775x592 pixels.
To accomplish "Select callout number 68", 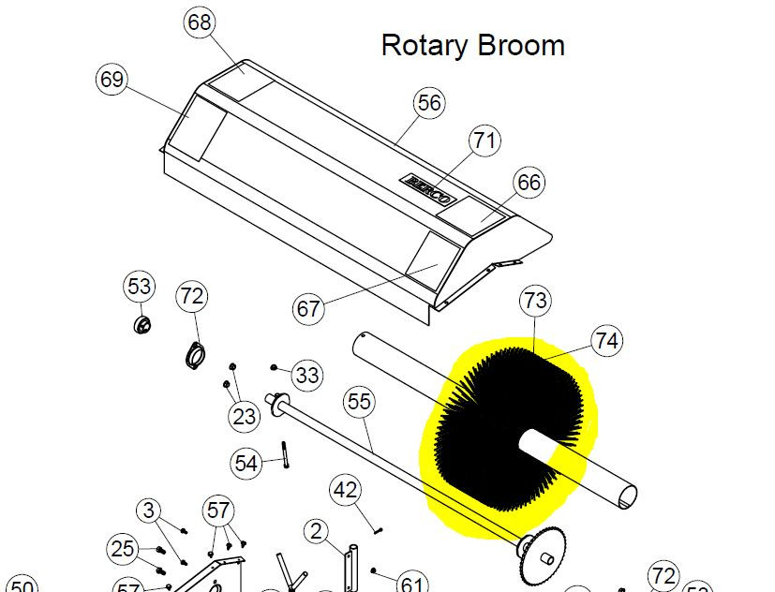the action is pos(200,22).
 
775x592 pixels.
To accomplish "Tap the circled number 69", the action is pos(112,79).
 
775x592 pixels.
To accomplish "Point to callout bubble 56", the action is pos(429,103).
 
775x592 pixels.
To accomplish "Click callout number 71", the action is pos(484,141).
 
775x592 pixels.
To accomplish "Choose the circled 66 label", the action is pos(529,183).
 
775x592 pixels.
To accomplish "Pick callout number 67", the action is pos(308,309).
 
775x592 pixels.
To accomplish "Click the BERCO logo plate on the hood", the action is pos(428,189).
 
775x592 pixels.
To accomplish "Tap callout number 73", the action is pos(536,301).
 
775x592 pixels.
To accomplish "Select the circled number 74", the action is pos(606,340).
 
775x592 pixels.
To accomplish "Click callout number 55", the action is pos(359,401).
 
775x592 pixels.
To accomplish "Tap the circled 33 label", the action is pos(307,375).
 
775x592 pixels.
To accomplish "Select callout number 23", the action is pos(244,417).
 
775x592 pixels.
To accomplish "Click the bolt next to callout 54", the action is pos(285,454).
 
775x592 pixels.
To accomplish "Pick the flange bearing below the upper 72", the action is pos(195,355).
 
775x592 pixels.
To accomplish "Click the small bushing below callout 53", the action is pos(142,325).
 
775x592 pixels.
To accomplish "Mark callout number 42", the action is pos(345,490).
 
